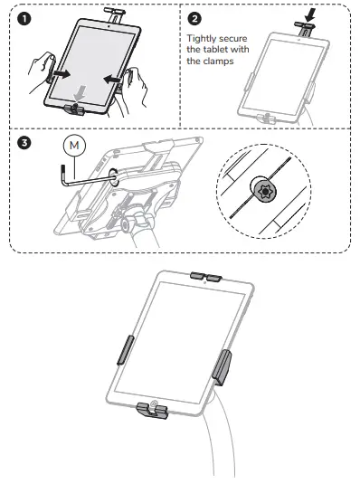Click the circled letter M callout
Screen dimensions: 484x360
click(74, 147)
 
